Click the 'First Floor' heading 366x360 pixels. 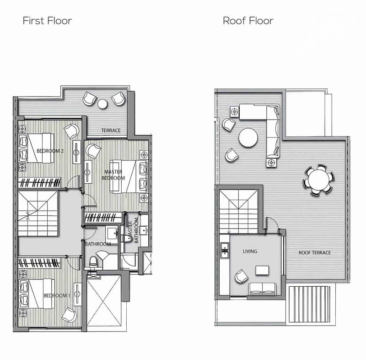(x=47, y=21)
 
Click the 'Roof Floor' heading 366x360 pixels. (x=248, y=21)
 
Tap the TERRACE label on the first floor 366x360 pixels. (x=111, y=131)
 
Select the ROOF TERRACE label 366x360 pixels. (x=315, y=252)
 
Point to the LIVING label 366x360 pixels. (x=250, y=251)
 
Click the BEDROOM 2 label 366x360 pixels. (x=50, y=151)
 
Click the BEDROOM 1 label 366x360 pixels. (x=57, y=295)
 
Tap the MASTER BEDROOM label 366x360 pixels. (x=113, y=175)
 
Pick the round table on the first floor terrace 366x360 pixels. (x=102, y=104)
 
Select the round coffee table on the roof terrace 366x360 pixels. (x=248, y=137)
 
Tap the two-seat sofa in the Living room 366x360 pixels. (x=263, y=289)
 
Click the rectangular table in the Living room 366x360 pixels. (x=262, y=270)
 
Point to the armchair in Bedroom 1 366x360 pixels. (x=70, y=315)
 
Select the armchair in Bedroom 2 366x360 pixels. (x=71, y=131)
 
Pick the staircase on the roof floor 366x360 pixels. (x=238, y=212)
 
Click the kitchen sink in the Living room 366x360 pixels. (x=225, y=250)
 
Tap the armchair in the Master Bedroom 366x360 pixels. (x=93, y=151)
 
